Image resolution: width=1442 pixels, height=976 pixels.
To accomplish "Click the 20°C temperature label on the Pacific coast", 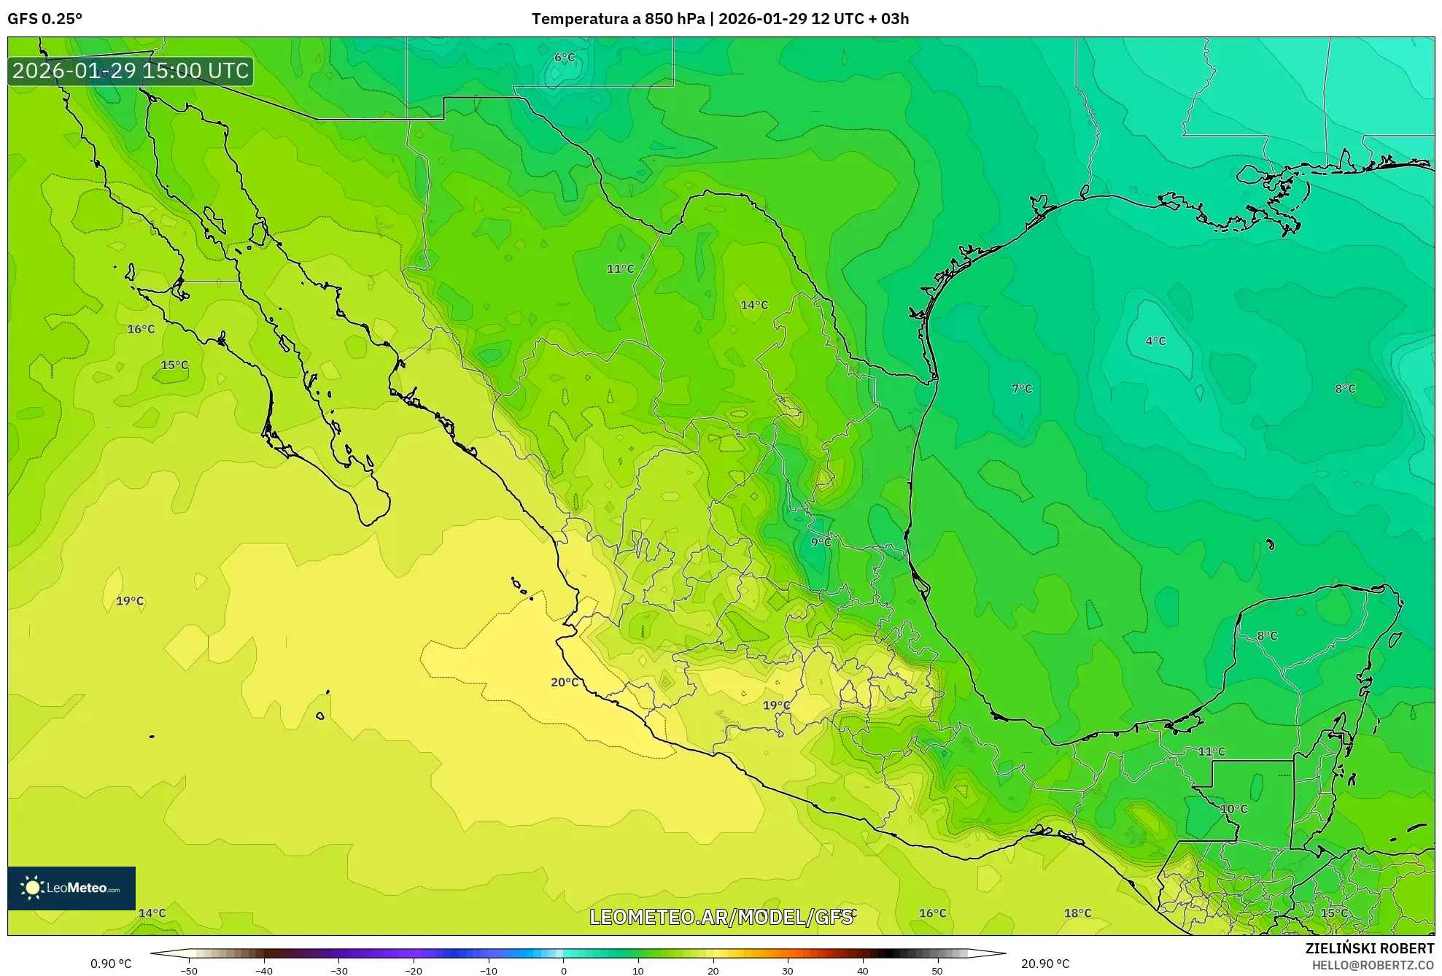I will pos(564,682).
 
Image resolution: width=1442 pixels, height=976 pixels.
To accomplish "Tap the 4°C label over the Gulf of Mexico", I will pos(1155,341).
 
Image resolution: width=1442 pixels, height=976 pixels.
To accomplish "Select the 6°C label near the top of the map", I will pos(564,58).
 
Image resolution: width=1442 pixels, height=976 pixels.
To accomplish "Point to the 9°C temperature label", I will pos(821,542).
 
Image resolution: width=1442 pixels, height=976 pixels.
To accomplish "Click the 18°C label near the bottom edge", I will pos(1077,913).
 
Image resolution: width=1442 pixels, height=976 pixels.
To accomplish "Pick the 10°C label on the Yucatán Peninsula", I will pos(1233,809).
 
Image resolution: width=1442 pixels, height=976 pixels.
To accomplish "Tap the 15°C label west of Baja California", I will pos(174,365).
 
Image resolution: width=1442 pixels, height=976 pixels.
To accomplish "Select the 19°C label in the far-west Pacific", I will pos(130,601).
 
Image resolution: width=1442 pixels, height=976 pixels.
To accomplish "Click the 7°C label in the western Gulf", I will pos(1021,389).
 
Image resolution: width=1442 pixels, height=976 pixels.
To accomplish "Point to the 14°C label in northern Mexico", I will pos(754,305).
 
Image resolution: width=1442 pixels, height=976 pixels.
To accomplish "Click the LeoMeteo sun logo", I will pos(32,888).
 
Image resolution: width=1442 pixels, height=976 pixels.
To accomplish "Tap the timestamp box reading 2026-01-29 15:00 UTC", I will pos(131,71).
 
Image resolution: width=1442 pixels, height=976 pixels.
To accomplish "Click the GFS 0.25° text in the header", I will pos(44,19).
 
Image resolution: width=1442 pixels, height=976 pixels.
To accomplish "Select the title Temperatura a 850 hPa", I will pos(618,19).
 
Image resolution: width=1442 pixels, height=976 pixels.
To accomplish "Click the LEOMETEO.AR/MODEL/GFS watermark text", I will pos(720,917).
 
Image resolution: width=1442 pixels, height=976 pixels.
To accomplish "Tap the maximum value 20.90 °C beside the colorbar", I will pos(1044,964).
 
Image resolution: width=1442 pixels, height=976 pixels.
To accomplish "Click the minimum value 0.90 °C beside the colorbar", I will pos(111,964).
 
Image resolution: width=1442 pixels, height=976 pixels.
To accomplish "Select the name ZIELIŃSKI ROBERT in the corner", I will pos(1369,948).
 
